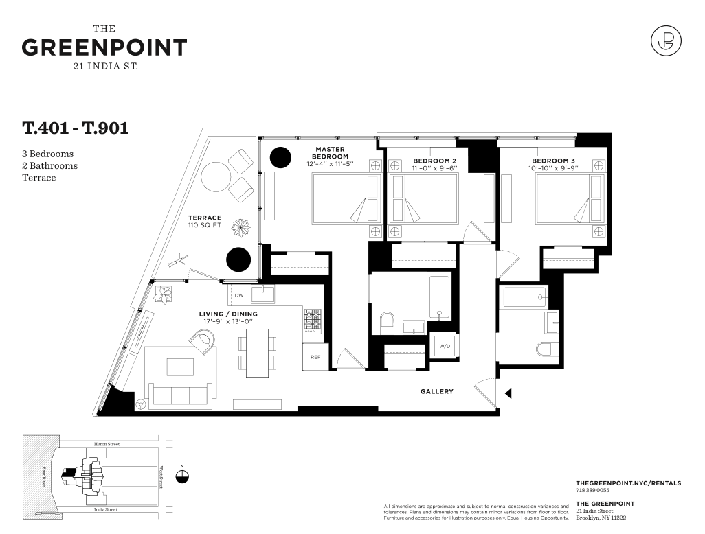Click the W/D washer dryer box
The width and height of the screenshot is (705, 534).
coord(444,346)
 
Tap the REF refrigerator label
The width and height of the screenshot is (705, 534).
coord(315,357)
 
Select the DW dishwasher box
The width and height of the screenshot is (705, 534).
coord(239,295)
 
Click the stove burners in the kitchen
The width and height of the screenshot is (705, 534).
coord(313,321)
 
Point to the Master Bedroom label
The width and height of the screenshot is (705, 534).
coord(330,152)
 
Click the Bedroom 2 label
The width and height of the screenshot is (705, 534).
coord(435,161)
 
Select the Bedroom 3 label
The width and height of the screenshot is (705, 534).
coord(553,161)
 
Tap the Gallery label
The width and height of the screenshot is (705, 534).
coord(436,392)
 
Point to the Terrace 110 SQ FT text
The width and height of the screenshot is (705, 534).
coord(205,222)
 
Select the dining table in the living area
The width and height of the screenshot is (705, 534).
coord(257,353)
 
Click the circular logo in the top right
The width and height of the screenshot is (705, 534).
coord(666,41)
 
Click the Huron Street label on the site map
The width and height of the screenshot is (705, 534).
coord(107,444)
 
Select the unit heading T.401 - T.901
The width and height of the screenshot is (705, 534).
coord(76,128)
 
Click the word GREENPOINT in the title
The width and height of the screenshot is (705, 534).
coord(104,47)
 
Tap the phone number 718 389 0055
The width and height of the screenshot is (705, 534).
coord(592,491)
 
